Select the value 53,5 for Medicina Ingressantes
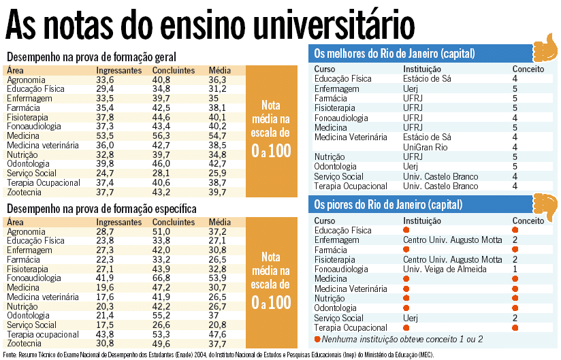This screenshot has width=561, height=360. click(106, 136)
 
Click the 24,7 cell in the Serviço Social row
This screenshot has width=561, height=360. click(106, 174)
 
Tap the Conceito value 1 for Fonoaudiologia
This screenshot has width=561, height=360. click(515, 269)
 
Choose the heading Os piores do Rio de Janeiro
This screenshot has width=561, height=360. click(387, 204)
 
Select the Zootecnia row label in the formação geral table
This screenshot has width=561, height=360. click(26, 193)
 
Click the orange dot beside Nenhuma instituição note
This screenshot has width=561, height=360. click(317, 338)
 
